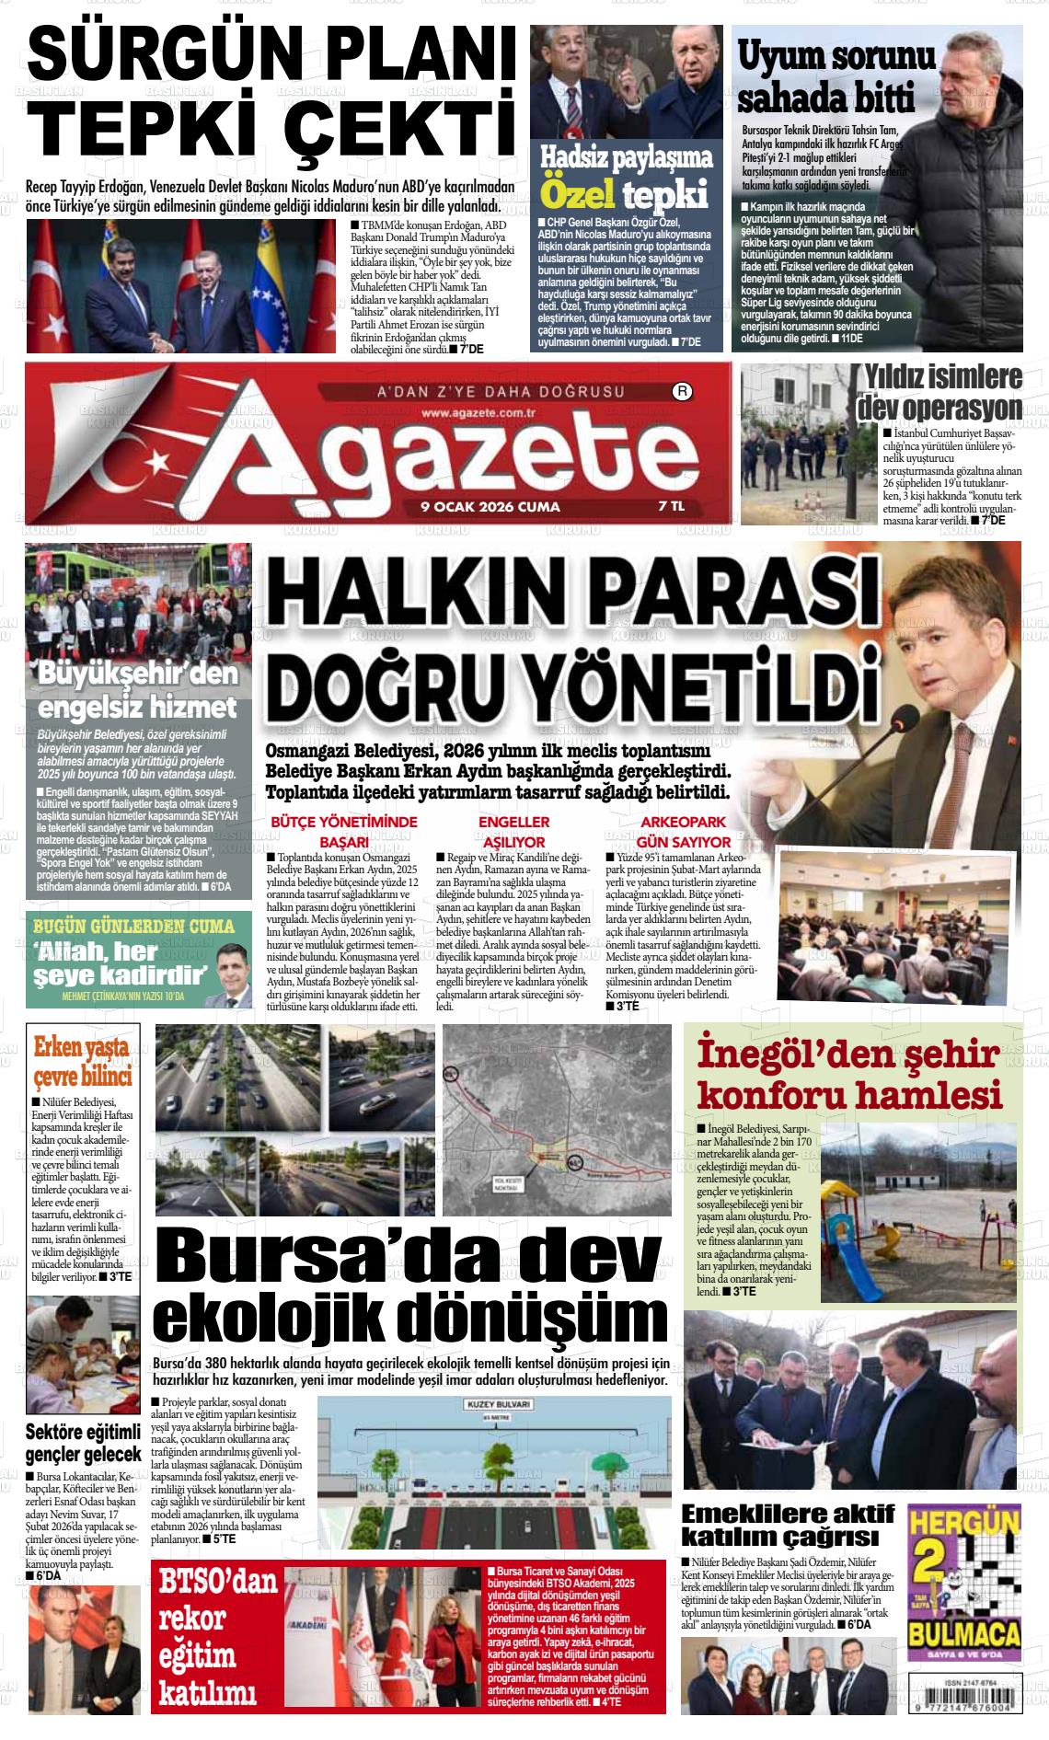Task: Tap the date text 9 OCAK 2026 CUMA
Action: pos(490,507)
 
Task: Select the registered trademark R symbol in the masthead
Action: pos(683,391)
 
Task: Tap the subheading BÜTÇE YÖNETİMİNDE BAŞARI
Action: pos(343,831)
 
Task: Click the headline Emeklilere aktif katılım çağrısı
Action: pos(787,1526)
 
